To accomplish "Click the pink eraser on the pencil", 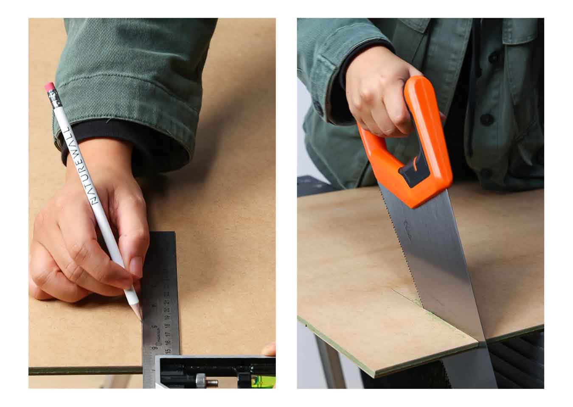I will (x=50, y=88).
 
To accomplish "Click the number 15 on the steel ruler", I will (x=168, y=350).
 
